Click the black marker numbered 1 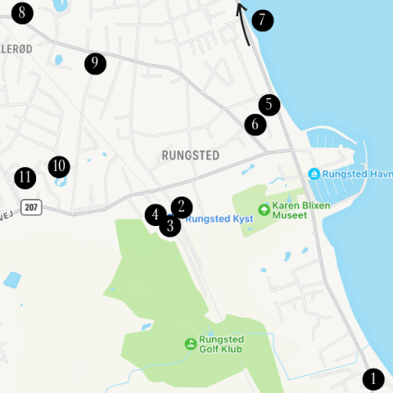373,379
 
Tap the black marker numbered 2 182,208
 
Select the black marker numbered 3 169,225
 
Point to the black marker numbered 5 269,105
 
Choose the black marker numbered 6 255,124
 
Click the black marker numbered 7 262,20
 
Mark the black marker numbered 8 21,13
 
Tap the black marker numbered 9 95,63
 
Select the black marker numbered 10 58,167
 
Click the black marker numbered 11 25,177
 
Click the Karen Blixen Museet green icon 264,210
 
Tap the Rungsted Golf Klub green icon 190,343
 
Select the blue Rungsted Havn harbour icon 314,174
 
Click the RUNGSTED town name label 190,156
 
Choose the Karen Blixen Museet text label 300,210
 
